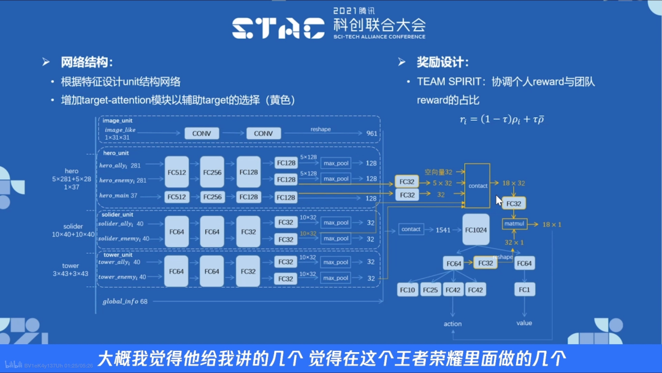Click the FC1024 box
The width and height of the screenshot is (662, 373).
(x=476, y=230)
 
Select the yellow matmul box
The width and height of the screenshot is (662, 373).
(x=514, y=225)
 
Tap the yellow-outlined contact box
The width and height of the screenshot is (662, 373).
(x=477, y=185)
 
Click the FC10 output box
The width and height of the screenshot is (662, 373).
(x=408, y=290)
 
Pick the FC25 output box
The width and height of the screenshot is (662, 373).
(x=430, y=290)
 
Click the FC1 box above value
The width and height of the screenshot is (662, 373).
(x=524, y=290)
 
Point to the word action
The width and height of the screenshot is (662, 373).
(x=452, y=323)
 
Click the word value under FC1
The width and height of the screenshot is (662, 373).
(x=524, y=323)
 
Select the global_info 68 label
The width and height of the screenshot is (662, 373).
(x=125, y=301)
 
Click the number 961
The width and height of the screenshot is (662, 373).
(x=371, y=133)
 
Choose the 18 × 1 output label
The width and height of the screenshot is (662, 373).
(x=552, y=225)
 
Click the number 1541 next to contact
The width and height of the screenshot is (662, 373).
(x=443, y=230)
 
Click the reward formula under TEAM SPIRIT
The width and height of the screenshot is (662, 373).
(x=501, y=119)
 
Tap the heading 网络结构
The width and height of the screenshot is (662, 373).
(x=86, y=62)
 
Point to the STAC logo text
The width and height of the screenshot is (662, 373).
(x=279, y=28)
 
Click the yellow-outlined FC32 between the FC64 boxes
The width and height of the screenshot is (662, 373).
(x=485, y=263)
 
